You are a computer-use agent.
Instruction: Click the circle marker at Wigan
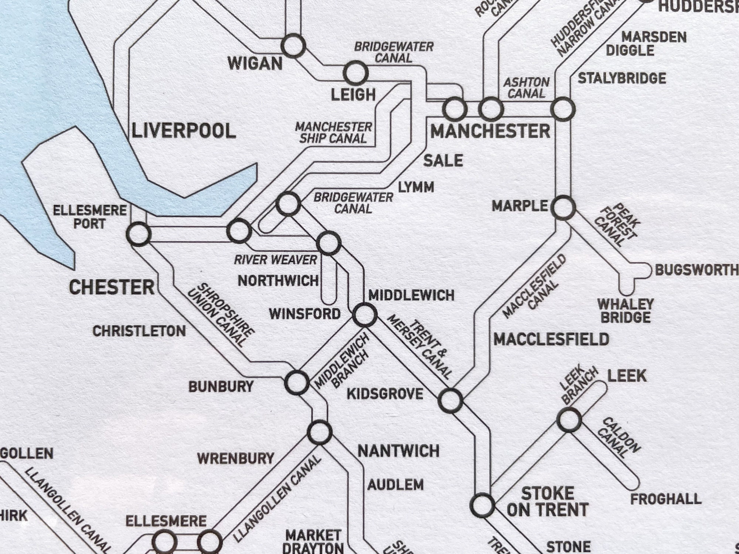[x=293, y=46]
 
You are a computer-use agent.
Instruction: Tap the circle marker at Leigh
[x=355, y=73]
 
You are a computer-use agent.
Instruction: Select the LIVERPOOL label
[x=184, y=131]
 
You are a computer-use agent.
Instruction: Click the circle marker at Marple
[x=563, y=208]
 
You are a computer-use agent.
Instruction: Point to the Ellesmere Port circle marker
[x=139, y=234]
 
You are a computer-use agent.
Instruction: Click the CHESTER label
[x=112, y=287]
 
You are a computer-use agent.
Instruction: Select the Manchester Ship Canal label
[x=333, y=133]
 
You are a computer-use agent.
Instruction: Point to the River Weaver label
[x=275, y=260]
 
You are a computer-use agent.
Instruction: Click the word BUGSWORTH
[x=697, y=270]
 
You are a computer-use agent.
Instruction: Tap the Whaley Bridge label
[x=626, y=311]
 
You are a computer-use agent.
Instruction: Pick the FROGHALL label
[x=665, y=499]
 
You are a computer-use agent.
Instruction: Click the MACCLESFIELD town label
[x=551, y=339]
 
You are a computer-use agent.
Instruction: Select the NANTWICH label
[x=398, y=451]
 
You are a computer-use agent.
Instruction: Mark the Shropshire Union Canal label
[x=221, y=315]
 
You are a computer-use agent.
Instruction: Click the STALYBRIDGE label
[x=622, y=78]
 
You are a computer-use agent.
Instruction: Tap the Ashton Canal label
[x=526, y=88]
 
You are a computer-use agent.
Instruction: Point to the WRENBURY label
[x=235, y=459]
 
